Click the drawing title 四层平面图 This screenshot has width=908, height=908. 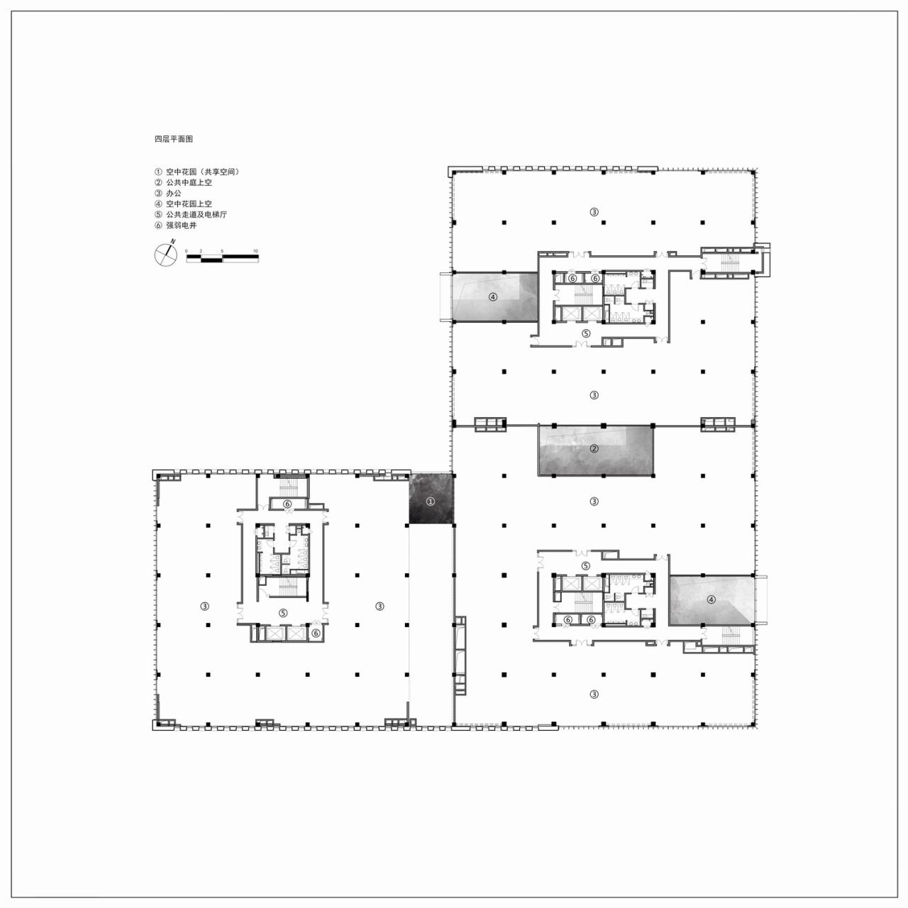pyautogui.click(x=174, y=140)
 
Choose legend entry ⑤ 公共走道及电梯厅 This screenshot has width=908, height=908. pyautogui.click(x=191, y=214)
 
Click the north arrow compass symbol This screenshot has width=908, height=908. pyautogui.click(x=165, y=255)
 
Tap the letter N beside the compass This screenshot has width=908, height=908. pyautogui.click(x=173, y=242)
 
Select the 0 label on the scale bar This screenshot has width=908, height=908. pyautogui.click(x=187, y=251)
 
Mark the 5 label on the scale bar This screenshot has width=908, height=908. pyautogui.click(x=222, y=251)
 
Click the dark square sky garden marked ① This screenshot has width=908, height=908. pyautogui.click(x=431, y=501)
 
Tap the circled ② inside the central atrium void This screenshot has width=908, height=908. pyautogui.click(x=594, y=448)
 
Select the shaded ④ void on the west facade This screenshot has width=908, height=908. pyautogui.click(x=493, y=297)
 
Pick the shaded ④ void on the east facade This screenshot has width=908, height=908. pyautogui.click(x=712, y=599)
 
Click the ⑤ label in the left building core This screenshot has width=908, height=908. pyautogui.click(x=282, y=613)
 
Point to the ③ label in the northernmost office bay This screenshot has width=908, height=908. pyautogui.click(x=594, y=211)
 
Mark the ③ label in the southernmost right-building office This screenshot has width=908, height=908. pyautogui.click(x=594, y=694)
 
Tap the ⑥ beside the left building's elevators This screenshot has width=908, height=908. pyautogui.click(x=316, y=632)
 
